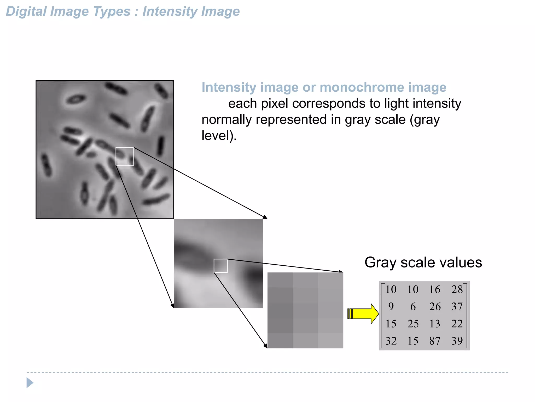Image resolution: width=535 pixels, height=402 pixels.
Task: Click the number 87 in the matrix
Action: [x=435, y=341]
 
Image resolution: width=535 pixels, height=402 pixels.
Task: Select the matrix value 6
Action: [x=413, y=306]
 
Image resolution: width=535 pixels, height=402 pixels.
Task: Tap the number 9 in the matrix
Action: [x=391, y=306]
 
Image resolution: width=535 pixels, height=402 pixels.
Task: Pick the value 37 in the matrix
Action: [x=457, y=306]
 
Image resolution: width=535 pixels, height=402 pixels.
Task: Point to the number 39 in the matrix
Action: [x=457, y=341]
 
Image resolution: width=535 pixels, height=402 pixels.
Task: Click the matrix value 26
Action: [x=435, y=306]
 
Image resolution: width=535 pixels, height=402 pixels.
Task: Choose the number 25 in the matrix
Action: [x=413, y=324]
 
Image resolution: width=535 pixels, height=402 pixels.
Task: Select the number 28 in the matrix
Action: [x=457, y=289]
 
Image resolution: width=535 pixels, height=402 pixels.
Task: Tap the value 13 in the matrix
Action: [x=435, y=324]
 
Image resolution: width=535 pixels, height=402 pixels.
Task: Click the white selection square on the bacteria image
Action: [x=125, y=156]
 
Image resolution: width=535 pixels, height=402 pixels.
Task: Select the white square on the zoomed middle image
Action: [x=220, y=266]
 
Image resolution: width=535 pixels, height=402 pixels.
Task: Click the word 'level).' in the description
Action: [x=219, y=136]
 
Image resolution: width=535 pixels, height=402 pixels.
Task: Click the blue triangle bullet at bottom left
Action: [x=30, y=383]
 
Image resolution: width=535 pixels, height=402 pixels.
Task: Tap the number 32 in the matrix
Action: [x=391, y=341]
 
